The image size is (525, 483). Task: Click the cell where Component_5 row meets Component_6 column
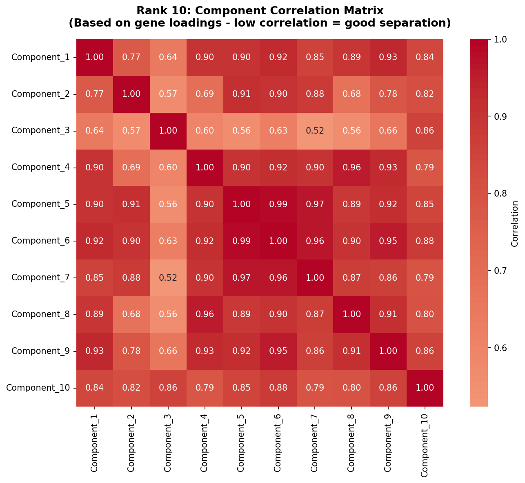(x=278, y=204)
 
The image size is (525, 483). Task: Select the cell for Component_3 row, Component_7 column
(x=315, y=131)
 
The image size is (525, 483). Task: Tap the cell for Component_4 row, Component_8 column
(x=351, y=167)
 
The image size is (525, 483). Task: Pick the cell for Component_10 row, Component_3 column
(x=168, y=388)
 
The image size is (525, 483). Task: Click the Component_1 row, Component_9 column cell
(x=388, y=57)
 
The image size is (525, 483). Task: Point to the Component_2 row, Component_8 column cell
(x=351, y=94)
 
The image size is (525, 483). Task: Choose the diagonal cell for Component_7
(x=315, y=277)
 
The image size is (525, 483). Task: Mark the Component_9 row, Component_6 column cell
(x=278, y=351)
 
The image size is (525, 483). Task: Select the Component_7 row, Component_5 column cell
(x=241, y=277)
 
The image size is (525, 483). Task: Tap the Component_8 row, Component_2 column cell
(x=131, y=314)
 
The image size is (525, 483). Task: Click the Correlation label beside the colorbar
(x=514, y=223)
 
